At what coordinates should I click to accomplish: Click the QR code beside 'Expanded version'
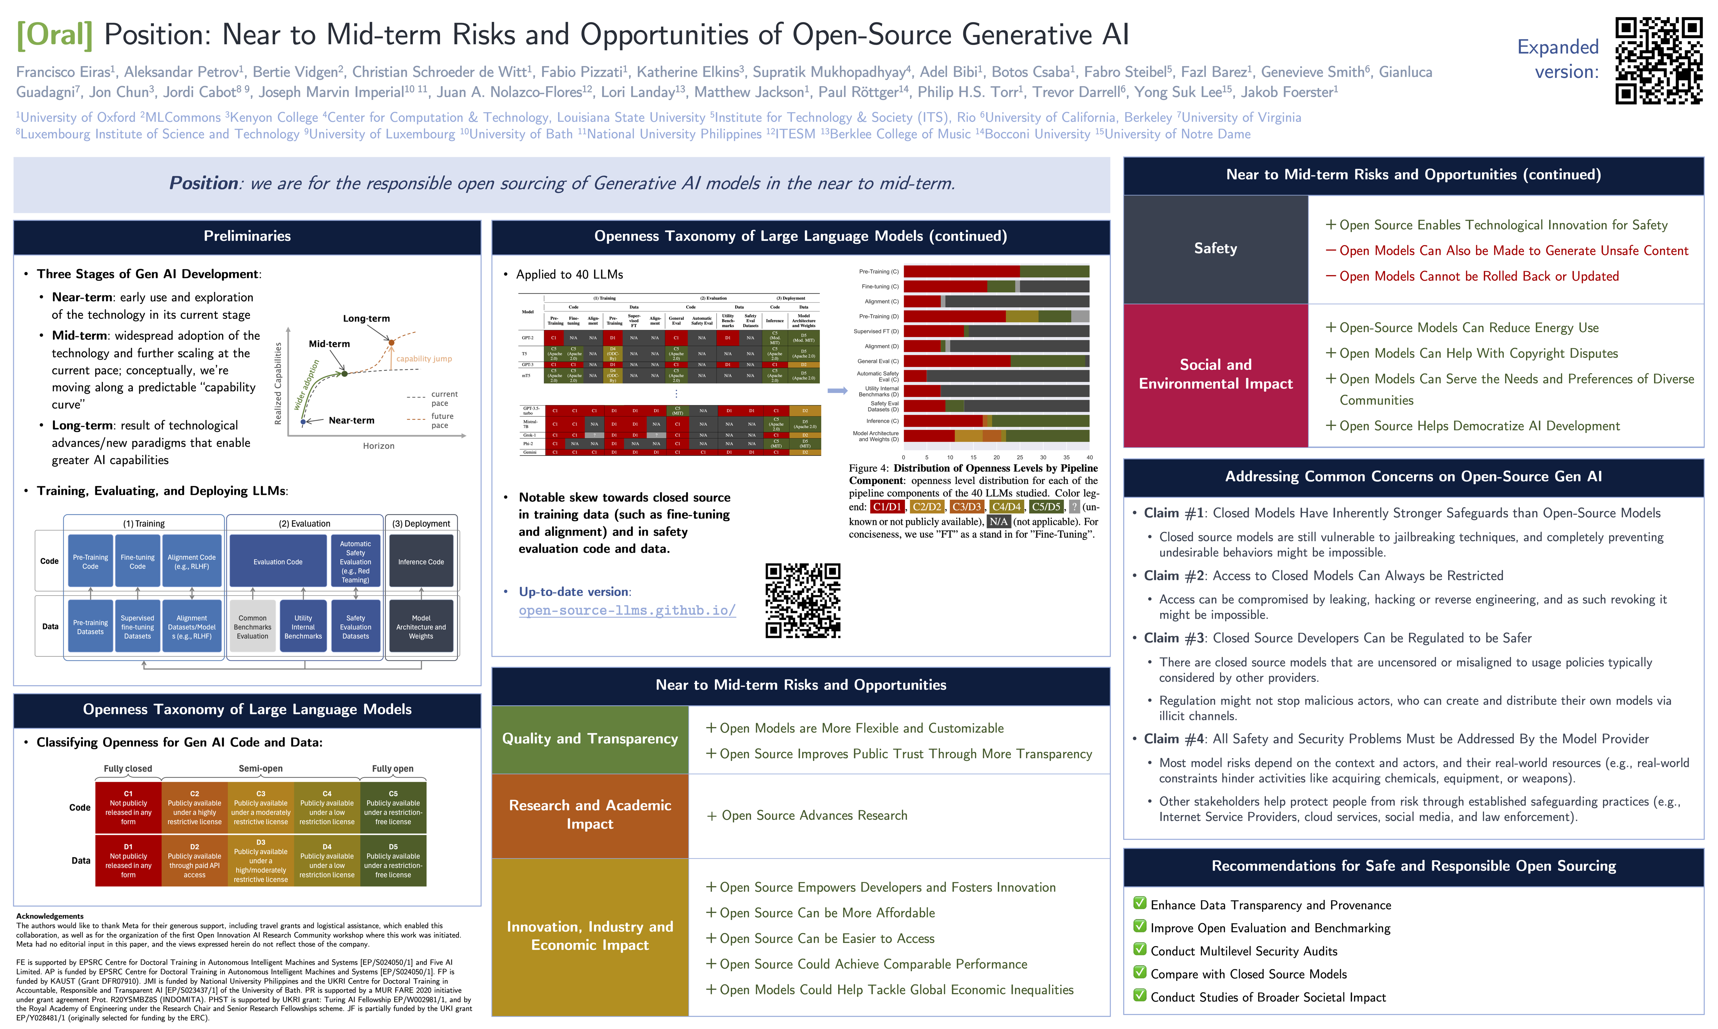[x=1658, y=61]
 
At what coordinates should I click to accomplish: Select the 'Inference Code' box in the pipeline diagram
[x=421, y=562]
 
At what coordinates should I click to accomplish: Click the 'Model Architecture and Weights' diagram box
[x=421, y=627]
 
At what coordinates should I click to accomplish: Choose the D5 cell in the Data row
[x=393, y=860]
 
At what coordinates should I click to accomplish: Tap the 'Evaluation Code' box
[x=278, y=562]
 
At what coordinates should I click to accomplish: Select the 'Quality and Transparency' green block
[x=590, y=739]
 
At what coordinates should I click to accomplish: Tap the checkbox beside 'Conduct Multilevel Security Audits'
[x=1140, y=950]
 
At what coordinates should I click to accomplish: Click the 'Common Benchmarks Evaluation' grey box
[x=252, y=627]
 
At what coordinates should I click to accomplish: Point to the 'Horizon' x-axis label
[x=379, y=446]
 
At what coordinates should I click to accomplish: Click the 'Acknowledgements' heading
[x=50, y=916]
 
